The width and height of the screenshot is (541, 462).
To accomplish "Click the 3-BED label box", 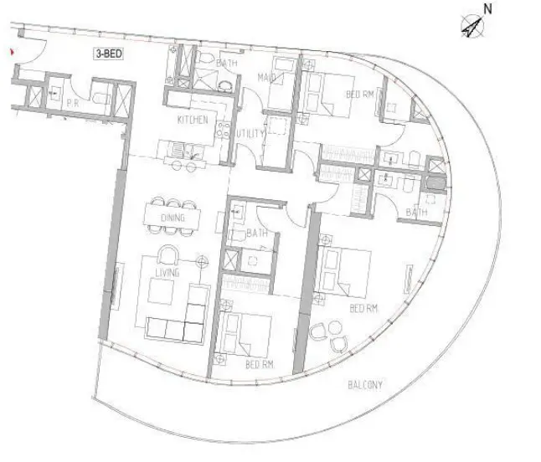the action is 108,54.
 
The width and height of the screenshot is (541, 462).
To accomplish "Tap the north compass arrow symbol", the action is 472,26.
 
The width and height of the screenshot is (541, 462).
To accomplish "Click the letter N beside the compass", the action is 487,9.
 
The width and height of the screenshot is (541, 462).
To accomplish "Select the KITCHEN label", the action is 193,120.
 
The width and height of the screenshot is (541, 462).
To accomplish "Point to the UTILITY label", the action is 250,134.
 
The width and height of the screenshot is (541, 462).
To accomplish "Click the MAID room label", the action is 266,78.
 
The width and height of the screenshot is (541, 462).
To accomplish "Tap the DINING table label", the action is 173,218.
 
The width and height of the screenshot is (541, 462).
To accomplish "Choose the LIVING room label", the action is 167,273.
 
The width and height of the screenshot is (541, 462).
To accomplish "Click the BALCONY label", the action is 365,385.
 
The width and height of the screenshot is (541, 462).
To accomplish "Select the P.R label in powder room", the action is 73,103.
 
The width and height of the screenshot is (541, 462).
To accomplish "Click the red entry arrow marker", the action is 13,52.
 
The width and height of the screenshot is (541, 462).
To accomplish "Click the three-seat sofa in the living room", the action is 174,330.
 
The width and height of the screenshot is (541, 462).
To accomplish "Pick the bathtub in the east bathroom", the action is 436,182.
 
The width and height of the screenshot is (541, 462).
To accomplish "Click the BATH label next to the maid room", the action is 227,63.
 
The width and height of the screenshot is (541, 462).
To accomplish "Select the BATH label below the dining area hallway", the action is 257,234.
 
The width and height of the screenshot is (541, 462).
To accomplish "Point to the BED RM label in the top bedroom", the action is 360,94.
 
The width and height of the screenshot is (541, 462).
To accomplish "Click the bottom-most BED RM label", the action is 260,364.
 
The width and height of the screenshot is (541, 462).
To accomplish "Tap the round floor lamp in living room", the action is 202,262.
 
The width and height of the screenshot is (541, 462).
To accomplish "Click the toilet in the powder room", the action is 100,98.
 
